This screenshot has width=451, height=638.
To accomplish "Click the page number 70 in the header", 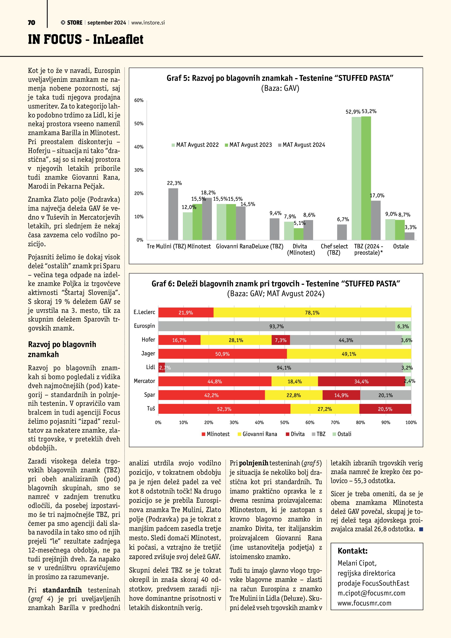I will tap(31, 22).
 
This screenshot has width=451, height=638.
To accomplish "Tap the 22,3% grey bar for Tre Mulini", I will tap(173, 214).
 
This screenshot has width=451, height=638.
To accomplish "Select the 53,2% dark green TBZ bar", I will tap(366, 178).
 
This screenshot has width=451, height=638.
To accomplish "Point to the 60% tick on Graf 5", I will tap(139, 100).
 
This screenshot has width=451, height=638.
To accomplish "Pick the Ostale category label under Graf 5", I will tap(401, 246).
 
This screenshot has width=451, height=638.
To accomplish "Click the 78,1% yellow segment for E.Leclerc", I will tap(312, 312).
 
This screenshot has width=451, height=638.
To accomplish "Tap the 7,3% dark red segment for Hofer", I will tap(281, 340).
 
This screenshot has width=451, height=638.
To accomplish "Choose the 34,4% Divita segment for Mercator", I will tap(361, 382).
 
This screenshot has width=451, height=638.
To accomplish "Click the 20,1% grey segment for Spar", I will tap(386, 395).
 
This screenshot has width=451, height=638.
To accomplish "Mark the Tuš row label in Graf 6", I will tap(151, 408).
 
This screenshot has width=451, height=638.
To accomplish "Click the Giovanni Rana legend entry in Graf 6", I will tap(259, 434).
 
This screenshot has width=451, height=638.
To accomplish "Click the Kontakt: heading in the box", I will tap(352, 551).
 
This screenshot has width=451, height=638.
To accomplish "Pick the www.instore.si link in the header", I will tap(148, 23).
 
